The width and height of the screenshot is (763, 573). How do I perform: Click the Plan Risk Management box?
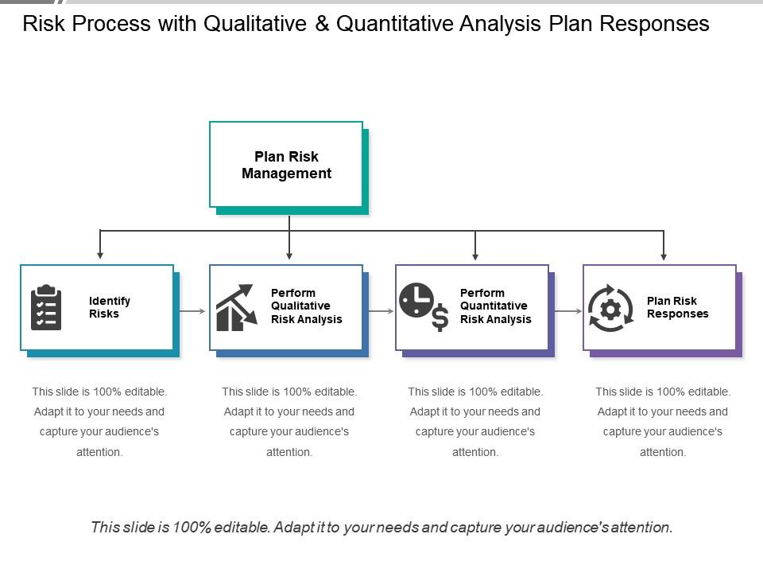pos(286,165)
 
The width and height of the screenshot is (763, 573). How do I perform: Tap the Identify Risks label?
pos(110,307)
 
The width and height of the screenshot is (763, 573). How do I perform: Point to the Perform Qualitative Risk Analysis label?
pos(306,306)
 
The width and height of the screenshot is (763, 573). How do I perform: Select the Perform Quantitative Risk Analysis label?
pos(495,306)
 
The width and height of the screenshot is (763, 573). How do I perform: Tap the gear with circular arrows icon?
pos(610,307)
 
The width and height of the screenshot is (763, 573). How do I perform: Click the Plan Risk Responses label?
pos(677,307)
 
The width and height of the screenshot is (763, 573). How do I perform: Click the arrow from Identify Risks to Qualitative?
pos(192,310)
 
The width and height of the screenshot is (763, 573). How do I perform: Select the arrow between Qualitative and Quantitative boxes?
pos(380,310)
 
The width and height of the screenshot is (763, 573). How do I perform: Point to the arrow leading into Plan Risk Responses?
pos(567,310)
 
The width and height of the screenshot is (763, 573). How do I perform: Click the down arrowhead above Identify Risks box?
pos(100,255)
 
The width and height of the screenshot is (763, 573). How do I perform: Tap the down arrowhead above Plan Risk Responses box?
pos(664,255)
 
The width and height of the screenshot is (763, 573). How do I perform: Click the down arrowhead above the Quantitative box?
pos(475,255)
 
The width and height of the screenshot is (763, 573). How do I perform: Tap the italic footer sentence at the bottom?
pos(381,527)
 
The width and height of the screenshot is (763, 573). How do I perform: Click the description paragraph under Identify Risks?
pos(99,422)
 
